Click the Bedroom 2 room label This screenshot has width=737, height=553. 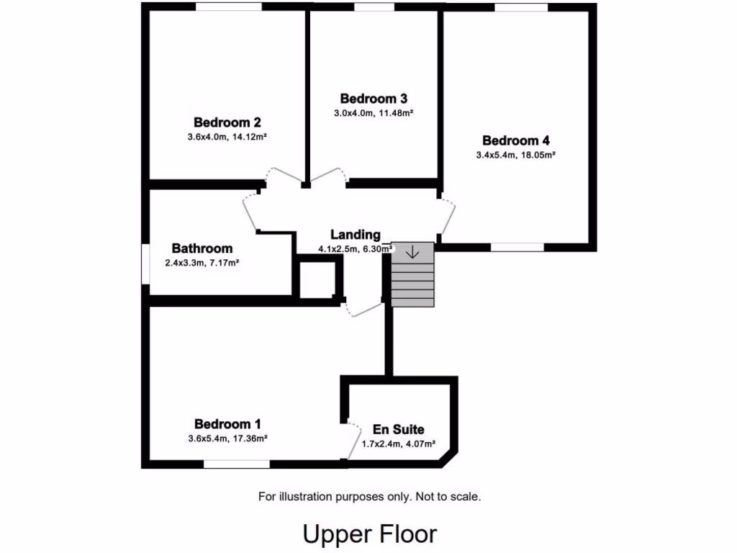[x=227, y=122]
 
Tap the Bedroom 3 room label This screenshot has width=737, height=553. [x=374, y=99]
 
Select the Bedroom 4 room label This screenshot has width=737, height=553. [x=516, y=140]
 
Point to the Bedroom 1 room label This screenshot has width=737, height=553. [x=227, y=424]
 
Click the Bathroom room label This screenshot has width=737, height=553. [x=202, y=248]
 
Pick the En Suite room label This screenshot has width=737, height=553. [x=398, y=430]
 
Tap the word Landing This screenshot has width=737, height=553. [x=355, y=235]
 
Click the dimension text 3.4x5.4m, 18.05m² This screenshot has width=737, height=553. [x=516, y=155]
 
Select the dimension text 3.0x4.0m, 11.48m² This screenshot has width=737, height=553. [x=374, y=113]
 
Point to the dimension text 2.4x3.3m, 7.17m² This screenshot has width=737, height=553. [x=202, y=263]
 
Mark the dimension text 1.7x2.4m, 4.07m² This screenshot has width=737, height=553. [x=398, y=444]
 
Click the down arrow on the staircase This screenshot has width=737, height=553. [x=413, y=253]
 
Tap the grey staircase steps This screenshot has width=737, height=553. [x=413, y=284]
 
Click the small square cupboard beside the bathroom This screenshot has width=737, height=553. [x=317, y=279]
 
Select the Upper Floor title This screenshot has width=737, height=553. [x=369, y=534]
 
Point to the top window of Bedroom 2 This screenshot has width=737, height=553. [x=229, y=7]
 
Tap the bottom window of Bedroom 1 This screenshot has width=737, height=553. [x=237, y=464]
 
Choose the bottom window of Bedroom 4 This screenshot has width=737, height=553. [x=517, y=247]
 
